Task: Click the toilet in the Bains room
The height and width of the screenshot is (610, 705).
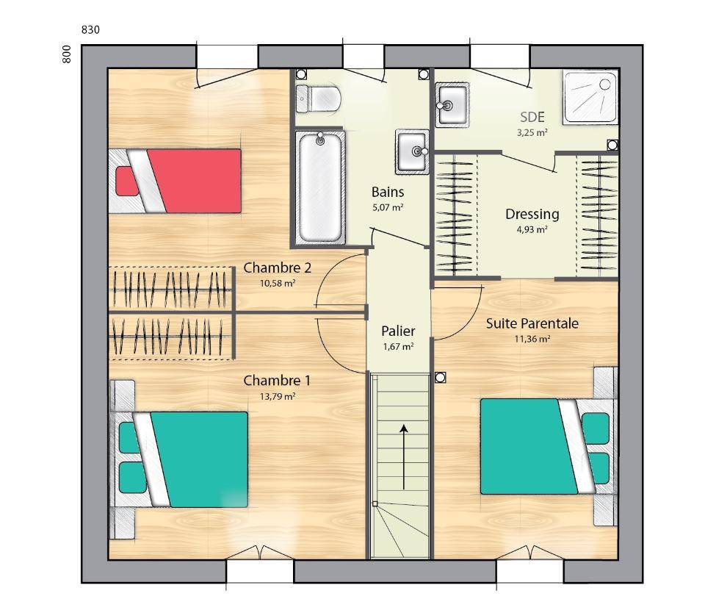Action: tap(318, 98)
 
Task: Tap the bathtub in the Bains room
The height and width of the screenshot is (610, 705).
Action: tap(319, 187)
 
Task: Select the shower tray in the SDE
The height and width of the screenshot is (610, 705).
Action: tap(590, 97)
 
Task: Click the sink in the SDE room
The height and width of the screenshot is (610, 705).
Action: tap(452, 105)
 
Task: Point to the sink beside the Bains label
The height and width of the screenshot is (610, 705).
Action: tap(412, 151)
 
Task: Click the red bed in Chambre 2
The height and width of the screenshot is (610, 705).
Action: tap(176, 181)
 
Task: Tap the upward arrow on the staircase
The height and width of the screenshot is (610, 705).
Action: tap(404, 456)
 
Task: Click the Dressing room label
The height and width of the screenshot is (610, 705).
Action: tap(532, 214)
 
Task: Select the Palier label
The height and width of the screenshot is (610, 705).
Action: tap(398, 331)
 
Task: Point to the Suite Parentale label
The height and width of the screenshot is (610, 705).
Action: tap(532, 323)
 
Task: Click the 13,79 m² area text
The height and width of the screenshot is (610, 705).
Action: tap(278, 396)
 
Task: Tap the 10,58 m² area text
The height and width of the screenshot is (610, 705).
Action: tap(278, 284)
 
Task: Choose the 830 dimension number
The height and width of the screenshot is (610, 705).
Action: tap(90, 29)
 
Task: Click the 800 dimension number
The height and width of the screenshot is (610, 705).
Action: tap(66, 54)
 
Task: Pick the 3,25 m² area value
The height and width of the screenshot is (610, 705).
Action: tap(532, 133)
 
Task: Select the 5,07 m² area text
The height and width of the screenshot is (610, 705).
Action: tap(388, 208)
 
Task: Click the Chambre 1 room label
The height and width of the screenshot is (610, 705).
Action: tap(277, 381)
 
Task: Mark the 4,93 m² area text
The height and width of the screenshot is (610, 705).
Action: tap(532, 229)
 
